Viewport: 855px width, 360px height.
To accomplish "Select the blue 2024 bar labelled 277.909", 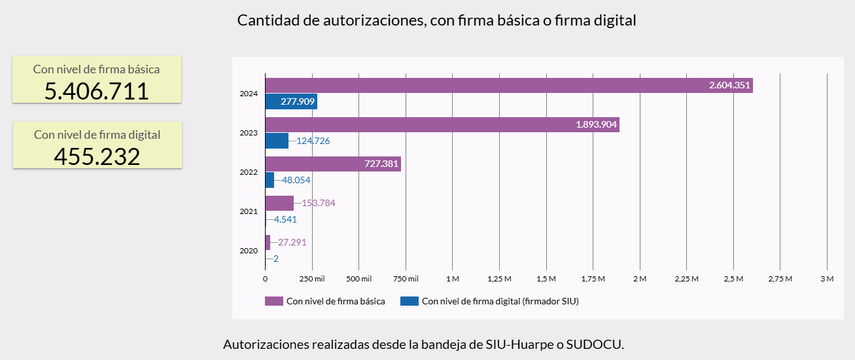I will pos(291,101).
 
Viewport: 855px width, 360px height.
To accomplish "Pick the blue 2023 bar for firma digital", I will pos(277,141).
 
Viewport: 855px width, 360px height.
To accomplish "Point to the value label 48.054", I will pos(296,180).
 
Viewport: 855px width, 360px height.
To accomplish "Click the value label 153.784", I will pos(318,203).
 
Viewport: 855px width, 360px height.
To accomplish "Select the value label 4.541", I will pos(285,219).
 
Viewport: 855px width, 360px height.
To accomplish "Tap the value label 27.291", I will pos(292,242).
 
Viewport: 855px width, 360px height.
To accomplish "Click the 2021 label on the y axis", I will pos(249,211).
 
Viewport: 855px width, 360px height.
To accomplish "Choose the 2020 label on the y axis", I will pos(249,251).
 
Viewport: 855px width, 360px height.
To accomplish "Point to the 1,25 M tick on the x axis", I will pos(499,279).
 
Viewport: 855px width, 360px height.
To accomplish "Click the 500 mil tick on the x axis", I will pos(358,279).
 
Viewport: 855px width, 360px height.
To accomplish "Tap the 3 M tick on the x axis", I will pos(827,279).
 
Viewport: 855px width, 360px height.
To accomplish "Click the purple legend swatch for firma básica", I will pos(273,301).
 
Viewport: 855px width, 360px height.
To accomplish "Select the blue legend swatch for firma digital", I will pos(409,301).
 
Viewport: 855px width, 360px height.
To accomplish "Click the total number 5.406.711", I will pos(97,91).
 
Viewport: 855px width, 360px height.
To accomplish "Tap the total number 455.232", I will pos(97,157).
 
